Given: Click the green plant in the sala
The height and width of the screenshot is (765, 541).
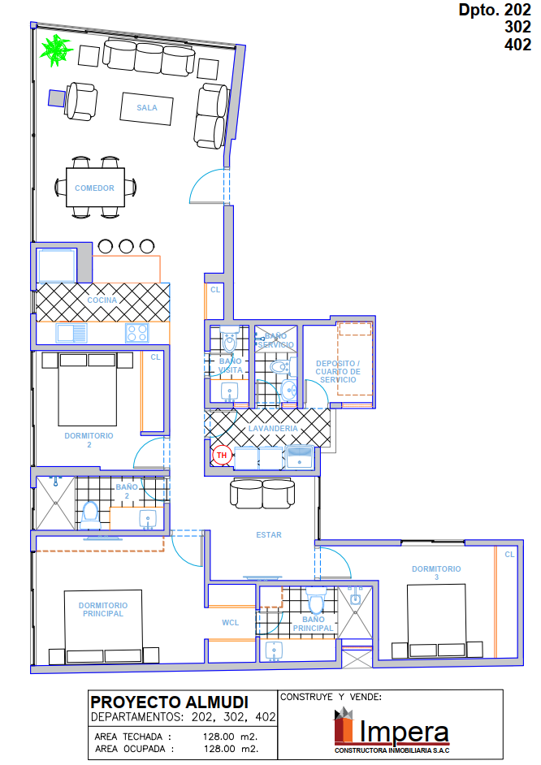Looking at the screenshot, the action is point(56,50).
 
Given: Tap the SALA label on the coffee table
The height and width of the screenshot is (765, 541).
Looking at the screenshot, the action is point(147,108).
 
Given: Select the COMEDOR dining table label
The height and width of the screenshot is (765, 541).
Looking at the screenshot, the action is point(95,188).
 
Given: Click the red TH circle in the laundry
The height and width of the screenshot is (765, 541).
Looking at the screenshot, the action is point(222,456).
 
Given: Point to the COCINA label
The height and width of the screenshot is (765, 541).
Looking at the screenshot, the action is point(102,300).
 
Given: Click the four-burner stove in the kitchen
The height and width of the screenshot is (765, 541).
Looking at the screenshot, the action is point(137,333).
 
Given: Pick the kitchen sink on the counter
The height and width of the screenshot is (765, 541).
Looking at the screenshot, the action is point(71,333).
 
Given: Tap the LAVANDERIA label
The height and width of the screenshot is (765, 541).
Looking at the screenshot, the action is point(273,428).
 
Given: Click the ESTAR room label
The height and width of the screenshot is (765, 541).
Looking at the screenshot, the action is point(269,534).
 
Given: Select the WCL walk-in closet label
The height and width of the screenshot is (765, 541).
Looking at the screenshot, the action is point(230,623).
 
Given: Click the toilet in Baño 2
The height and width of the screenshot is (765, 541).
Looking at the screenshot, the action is point(90,515).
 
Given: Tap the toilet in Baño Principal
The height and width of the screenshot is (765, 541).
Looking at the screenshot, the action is point(316,600).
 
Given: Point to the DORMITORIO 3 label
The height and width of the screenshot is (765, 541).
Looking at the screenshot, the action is point(436,573).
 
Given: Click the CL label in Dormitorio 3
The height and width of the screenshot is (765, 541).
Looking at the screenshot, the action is point(509,554).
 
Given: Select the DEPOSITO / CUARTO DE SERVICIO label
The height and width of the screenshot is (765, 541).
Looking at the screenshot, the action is point(338,371).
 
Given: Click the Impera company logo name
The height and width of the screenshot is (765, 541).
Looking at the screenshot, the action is point(404,731).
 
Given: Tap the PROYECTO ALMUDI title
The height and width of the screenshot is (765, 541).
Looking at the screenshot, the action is point(170,702).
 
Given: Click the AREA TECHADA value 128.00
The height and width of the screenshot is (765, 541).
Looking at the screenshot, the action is point(219,737).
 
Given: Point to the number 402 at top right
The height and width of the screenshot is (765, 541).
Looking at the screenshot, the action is point(518,45).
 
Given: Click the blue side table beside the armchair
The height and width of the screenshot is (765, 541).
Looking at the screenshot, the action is point(57,98).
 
